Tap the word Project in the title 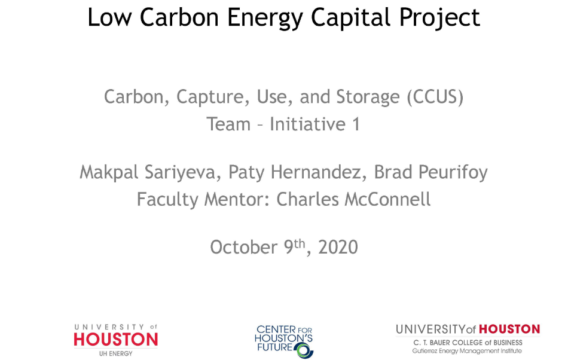pyautogui.click(x=439, y=18)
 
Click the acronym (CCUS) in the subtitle pyautogui.click(x=435, y=97)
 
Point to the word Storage pyautogui.click(x=368, y=97)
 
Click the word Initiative pyautogui.click(x=307, y=124)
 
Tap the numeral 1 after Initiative pyautogui.click(x=356, y=124)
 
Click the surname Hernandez pyautogui.click(x=316, y=172)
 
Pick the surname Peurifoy pyautogui.click(x=453, y=173)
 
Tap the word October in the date pyautogui.click(x=243, y=248)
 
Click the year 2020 pyautogui.click(x=338, y=248)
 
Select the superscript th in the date pyautogui.click(x=299, y=244)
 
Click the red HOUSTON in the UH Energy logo pyautogui.click(x=116, y=339)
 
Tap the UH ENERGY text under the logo pyautogui.click(x=116, y=353)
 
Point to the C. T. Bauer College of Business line pyautogui.click(x=468, y=343)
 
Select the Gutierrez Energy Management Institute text pyautogui.click(x=467, y=351)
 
